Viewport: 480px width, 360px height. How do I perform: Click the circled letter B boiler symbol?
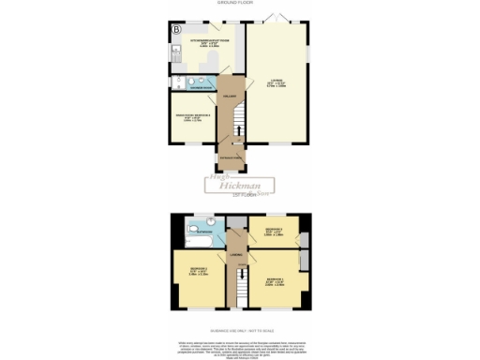[175, 29]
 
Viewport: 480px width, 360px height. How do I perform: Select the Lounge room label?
[277, 82]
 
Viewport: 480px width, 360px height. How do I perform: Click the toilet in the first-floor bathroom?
[211, 224]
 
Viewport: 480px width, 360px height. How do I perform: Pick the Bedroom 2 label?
[199, 273]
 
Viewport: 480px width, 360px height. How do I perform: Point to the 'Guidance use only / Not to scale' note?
[240, 331]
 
